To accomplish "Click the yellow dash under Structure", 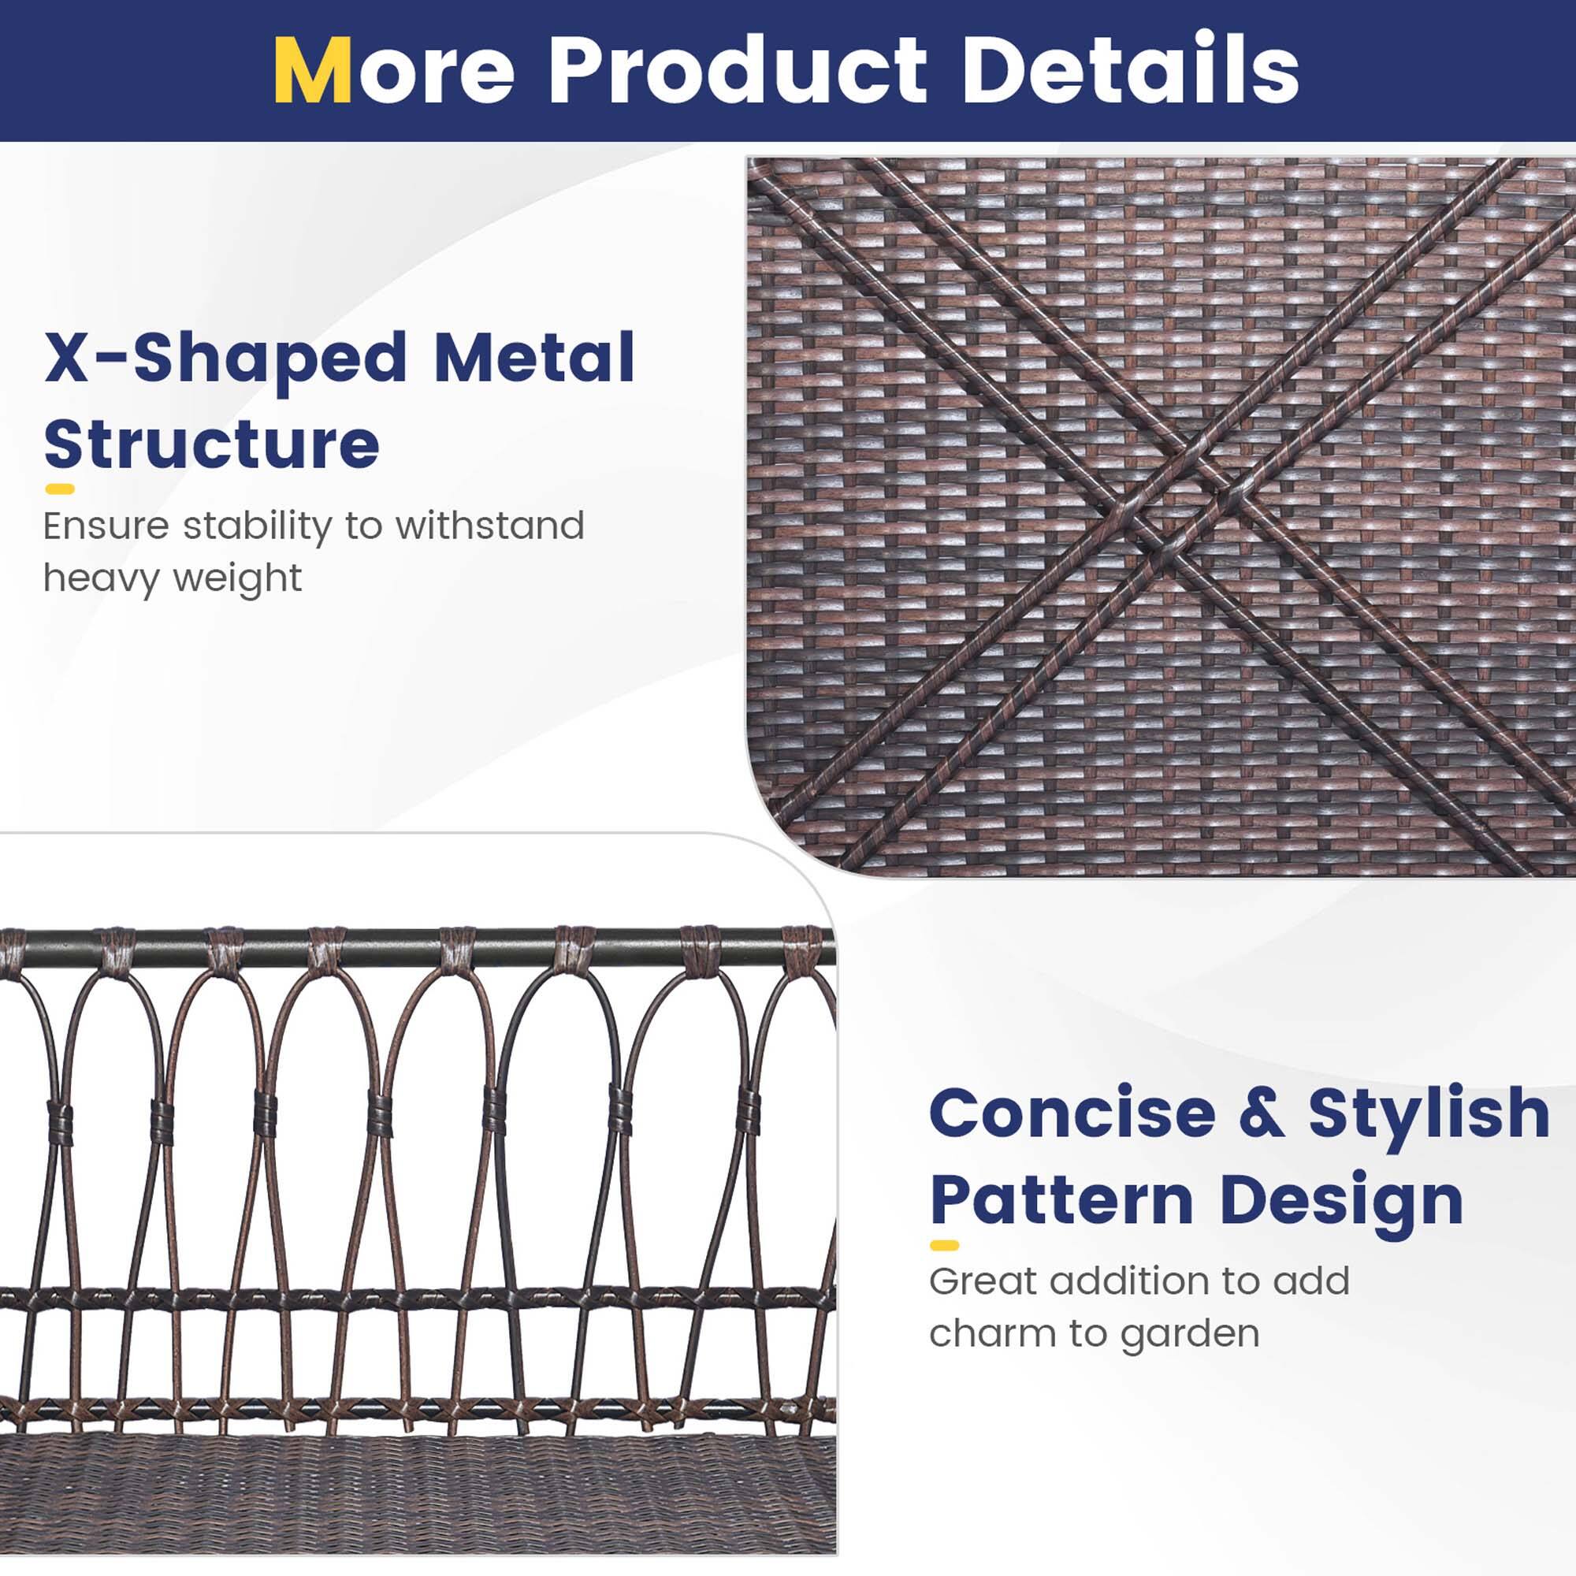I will (60, 489).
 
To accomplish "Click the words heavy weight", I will (172, 578).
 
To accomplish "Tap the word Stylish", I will (1429, 1113).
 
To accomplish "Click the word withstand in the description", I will (489, 526).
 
